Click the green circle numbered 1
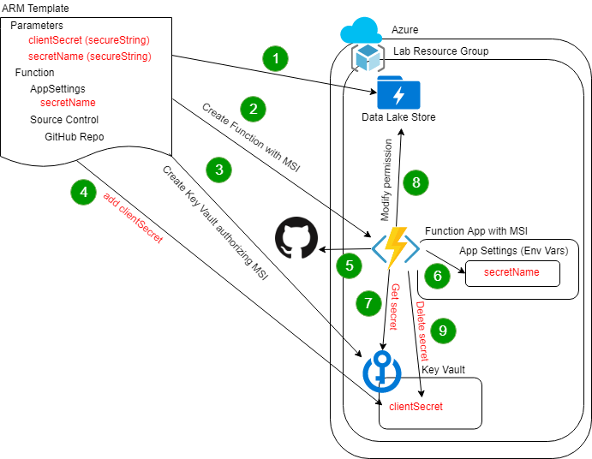(x=275, y=59)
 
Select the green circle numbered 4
(x=83, y=193)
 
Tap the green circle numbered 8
(x=416, y=182)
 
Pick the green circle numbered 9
(x=442, y=331)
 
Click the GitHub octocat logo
(x=296, y=238)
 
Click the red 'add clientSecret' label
(x=132, y=218)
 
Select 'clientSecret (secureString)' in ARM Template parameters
(x=88, y=40)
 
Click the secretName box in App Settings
(x=511, y=272)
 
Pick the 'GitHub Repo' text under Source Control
(x=74, y=136)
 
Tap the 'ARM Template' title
(x=35, y=9)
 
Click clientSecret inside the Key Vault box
(x=416, y=407)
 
